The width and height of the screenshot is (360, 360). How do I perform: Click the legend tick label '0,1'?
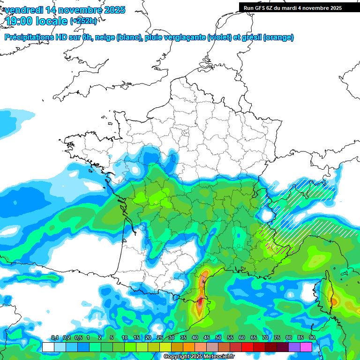[x=54, y=338]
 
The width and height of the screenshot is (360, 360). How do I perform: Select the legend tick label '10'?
[x=124, y=338]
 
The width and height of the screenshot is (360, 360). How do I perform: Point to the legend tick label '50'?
[x=218, y=338]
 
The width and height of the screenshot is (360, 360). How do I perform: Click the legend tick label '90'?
[x=312, y=338]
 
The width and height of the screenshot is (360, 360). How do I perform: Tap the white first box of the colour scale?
[x=48, y=347]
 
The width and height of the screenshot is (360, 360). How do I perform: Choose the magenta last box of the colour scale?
[x=306, y=347]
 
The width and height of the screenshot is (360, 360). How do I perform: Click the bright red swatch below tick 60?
[x=247, y=347]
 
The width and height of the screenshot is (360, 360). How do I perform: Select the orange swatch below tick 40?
[x=189, y=347]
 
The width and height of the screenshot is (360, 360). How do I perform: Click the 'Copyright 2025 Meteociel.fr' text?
[x=199, y=357]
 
